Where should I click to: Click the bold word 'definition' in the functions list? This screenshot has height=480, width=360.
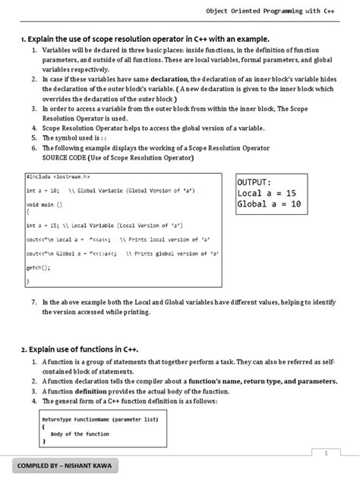coord(110,390)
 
